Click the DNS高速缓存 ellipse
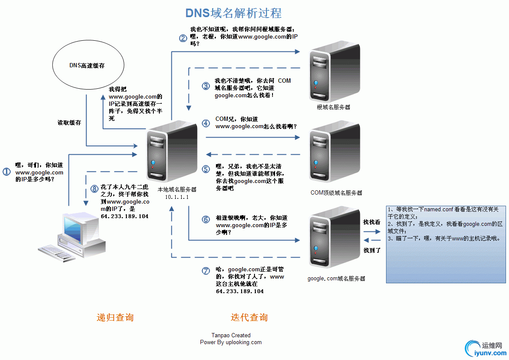point(87,66)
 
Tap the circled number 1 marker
point(6,171)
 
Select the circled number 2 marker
point(183,38)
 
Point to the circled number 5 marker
point(206,169)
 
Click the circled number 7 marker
point(206,271)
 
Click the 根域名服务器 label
point(333,107)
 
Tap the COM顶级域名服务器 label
point(336,193)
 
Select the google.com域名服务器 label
point(336,279)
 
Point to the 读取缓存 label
point(69,123)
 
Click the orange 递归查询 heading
point(115,318)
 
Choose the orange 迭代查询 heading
point(249,318)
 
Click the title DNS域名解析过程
point(234,13)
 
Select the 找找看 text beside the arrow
point(371,222)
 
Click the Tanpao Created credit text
point(231,336)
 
